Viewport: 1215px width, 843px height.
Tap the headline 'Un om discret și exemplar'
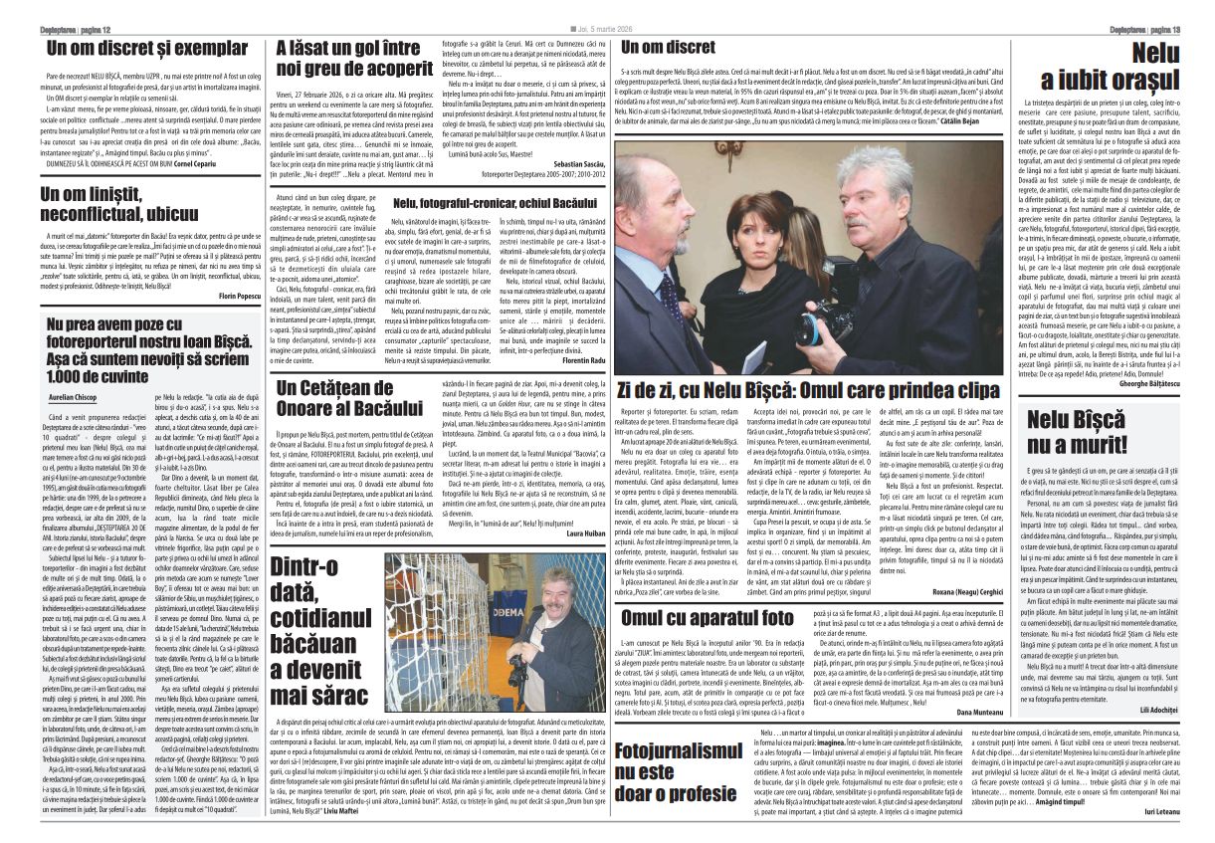pos(147,48)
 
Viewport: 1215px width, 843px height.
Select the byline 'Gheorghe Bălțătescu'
pos(1140,382)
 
